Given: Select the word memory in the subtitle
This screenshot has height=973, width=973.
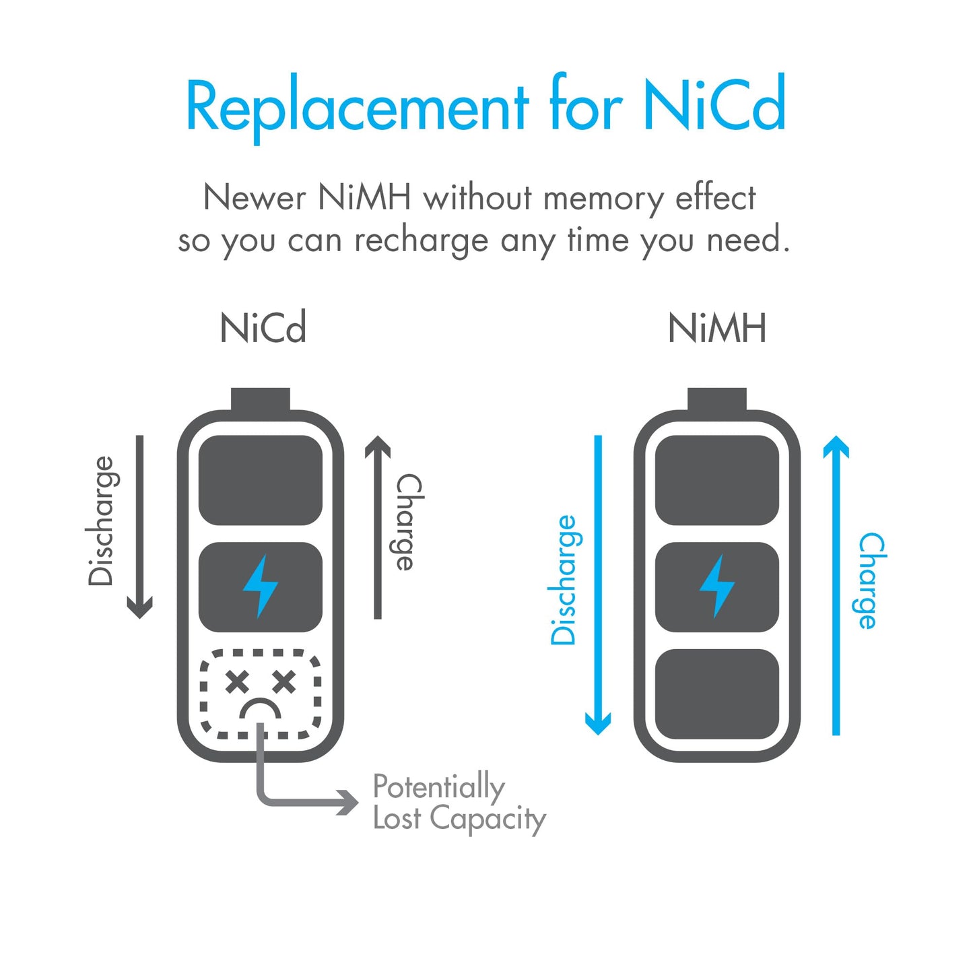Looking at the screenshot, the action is tap(603, 199).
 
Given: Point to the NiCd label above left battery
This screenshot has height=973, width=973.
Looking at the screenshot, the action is tap(263, 328).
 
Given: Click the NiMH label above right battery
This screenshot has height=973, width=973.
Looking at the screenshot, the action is tap(717, 328).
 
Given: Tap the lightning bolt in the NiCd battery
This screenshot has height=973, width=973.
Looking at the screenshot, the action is tap(260, 586).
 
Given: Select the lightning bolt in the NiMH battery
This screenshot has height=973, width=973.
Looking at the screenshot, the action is tap(716, 586).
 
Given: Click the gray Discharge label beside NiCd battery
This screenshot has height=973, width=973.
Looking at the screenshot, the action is tap(104, 521).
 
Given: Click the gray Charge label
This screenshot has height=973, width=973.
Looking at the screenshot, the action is tap(409, 522).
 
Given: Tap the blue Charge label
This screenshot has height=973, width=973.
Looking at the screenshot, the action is tap(873, 580).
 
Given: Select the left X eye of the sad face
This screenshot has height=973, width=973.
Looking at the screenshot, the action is tap(237, 682).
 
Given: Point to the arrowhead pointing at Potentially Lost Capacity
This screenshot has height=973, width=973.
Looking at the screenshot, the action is tap(348, 803).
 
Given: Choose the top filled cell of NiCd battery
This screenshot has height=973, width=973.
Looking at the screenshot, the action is tap(261, 480).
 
